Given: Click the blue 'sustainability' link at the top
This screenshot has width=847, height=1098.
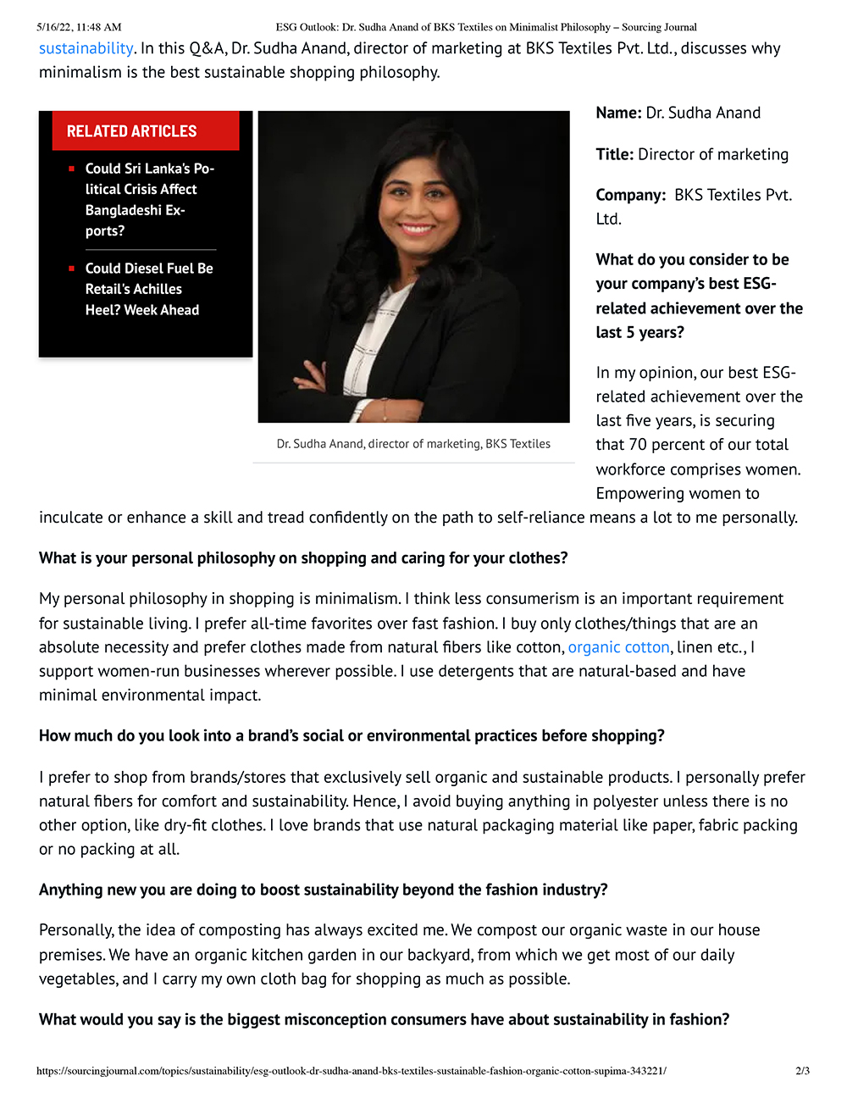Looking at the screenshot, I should [x=86, y=48].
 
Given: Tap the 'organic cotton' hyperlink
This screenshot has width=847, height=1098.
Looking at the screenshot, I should [x=618, y=647].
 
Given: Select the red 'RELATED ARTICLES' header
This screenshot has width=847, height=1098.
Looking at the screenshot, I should [x=131, y=131].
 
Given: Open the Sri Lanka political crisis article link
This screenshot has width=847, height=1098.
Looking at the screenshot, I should [x=149, y=199].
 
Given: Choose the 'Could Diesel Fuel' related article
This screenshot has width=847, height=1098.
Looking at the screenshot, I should [x=148, y=289].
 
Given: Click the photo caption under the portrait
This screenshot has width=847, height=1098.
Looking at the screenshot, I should [x=413, y=444].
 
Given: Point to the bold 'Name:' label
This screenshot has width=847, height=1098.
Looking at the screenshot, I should [x=618, y=113].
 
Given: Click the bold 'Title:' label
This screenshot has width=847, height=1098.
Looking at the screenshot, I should [x=614, y=154].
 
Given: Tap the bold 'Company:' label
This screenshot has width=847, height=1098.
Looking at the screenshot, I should [x=630, y=195].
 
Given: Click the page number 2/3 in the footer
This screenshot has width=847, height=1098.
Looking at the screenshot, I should [x=802, y=1071].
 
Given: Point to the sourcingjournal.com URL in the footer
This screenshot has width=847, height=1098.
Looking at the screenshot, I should [x=351, y=1071].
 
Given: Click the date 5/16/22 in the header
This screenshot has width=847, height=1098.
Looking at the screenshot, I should [x=53, y=27].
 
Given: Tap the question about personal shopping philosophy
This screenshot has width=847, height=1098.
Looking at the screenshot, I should [x=303, y=558].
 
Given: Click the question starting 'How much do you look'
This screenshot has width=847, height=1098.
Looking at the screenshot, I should [x=352, y=735].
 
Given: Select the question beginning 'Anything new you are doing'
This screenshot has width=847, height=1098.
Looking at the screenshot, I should [x=323, y=890].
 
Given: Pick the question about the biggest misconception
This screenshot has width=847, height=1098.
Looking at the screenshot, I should [x=384, y=1019].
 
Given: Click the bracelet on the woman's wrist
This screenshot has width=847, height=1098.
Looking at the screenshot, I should [x=385, y=413].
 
